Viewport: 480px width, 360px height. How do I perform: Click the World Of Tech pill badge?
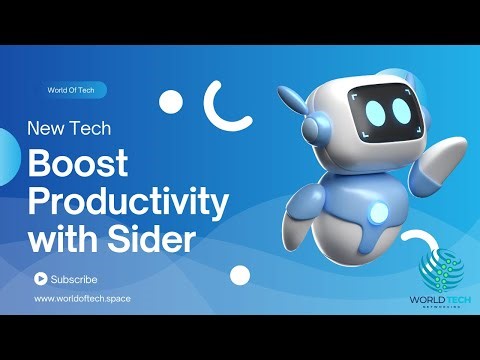tap(71, 89)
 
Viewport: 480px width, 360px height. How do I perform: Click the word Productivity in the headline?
tap(124, 203)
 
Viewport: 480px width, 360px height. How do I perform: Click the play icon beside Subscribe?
tap(40, 278)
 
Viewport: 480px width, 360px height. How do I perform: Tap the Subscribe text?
tap(73, 278)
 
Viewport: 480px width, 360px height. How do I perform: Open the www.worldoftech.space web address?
tap(82, 298)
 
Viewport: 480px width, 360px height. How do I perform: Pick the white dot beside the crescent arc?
tap(172, 101)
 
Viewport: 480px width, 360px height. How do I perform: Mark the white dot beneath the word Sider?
tap(239, 275)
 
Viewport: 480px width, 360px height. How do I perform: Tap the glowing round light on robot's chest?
tap(380, 212)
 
